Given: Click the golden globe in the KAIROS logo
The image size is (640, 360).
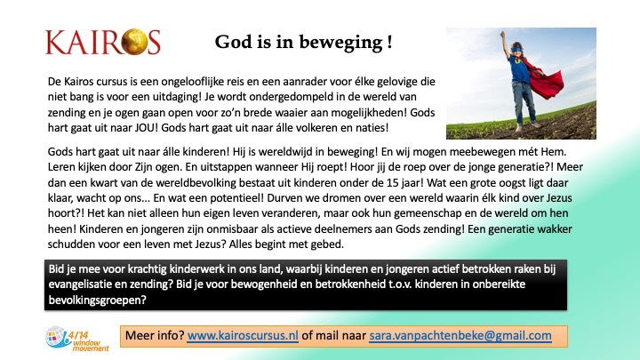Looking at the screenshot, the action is point(134,42).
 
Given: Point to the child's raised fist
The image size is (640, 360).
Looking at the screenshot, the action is point(502,34).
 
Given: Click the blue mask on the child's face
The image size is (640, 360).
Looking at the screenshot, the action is point(516,50).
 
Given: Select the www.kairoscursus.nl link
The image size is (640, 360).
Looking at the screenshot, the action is point(243,335).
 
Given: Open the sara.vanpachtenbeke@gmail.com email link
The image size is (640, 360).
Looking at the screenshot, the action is point(460,335).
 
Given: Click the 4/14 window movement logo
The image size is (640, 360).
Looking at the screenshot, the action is point(77,339).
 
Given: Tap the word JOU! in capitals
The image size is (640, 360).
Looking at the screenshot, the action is point(146,128).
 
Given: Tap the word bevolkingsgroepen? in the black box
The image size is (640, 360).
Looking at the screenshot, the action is point(97,300).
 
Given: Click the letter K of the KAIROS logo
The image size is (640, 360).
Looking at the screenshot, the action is point(55,42).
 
